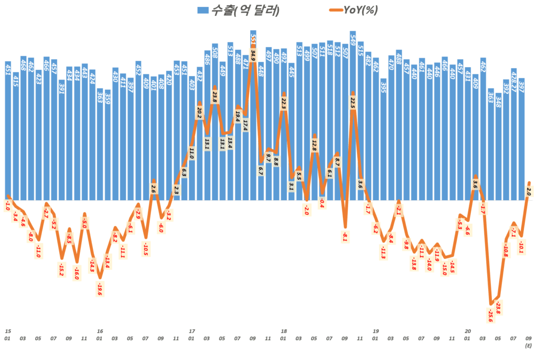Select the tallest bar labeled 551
253,115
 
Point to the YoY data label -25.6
491,314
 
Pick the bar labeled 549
352,115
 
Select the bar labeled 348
498,146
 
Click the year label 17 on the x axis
192,331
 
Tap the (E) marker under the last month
529,346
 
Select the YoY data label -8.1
345,237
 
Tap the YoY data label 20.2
199,112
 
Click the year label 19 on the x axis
375,331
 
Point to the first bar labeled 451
8,131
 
